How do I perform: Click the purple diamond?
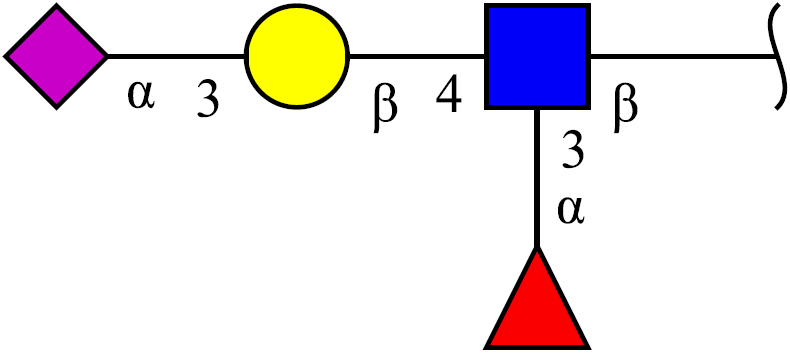[56, 56]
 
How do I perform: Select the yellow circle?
[297, 56]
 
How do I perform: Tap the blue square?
[537, 56]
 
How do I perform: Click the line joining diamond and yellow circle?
[176, 56]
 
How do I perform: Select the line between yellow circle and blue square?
[417, 56]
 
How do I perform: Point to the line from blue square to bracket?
[683, 56]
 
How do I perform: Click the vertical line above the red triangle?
[537, 178]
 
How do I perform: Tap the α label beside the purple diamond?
[141, 95]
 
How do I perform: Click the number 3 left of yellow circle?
[208, 100]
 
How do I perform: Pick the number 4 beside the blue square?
[449, 94]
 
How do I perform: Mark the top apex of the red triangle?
[537, 247]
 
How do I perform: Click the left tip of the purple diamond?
[5, 56]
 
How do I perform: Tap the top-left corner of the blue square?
[485, 5]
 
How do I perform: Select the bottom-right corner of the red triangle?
[588, 348]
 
